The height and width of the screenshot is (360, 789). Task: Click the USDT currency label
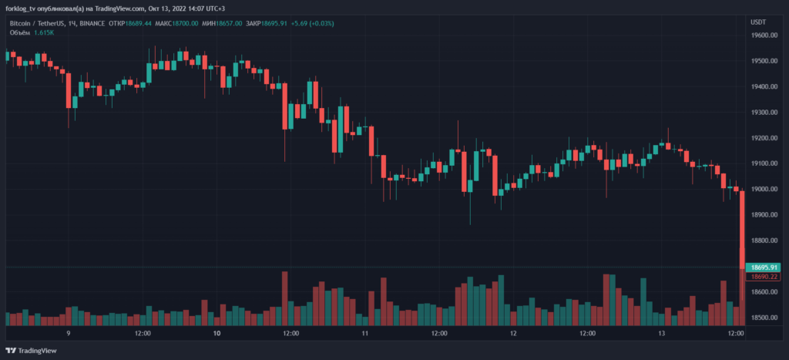(758, 22)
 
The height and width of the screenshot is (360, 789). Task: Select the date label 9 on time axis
(69, 334)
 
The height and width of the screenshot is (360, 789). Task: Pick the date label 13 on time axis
(662, 334)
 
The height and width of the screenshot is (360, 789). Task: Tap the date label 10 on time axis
(217, 334)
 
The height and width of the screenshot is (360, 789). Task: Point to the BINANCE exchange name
(93, 23)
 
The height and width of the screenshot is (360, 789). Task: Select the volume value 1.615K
(43, 32)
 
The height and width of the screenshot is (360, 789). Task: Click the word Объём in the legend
(19, 32)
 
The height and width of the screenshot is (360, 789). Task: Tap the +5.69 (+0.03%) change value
(312, 23)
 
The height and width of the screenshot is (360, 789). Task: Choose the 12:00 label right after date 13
(736, 334)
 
